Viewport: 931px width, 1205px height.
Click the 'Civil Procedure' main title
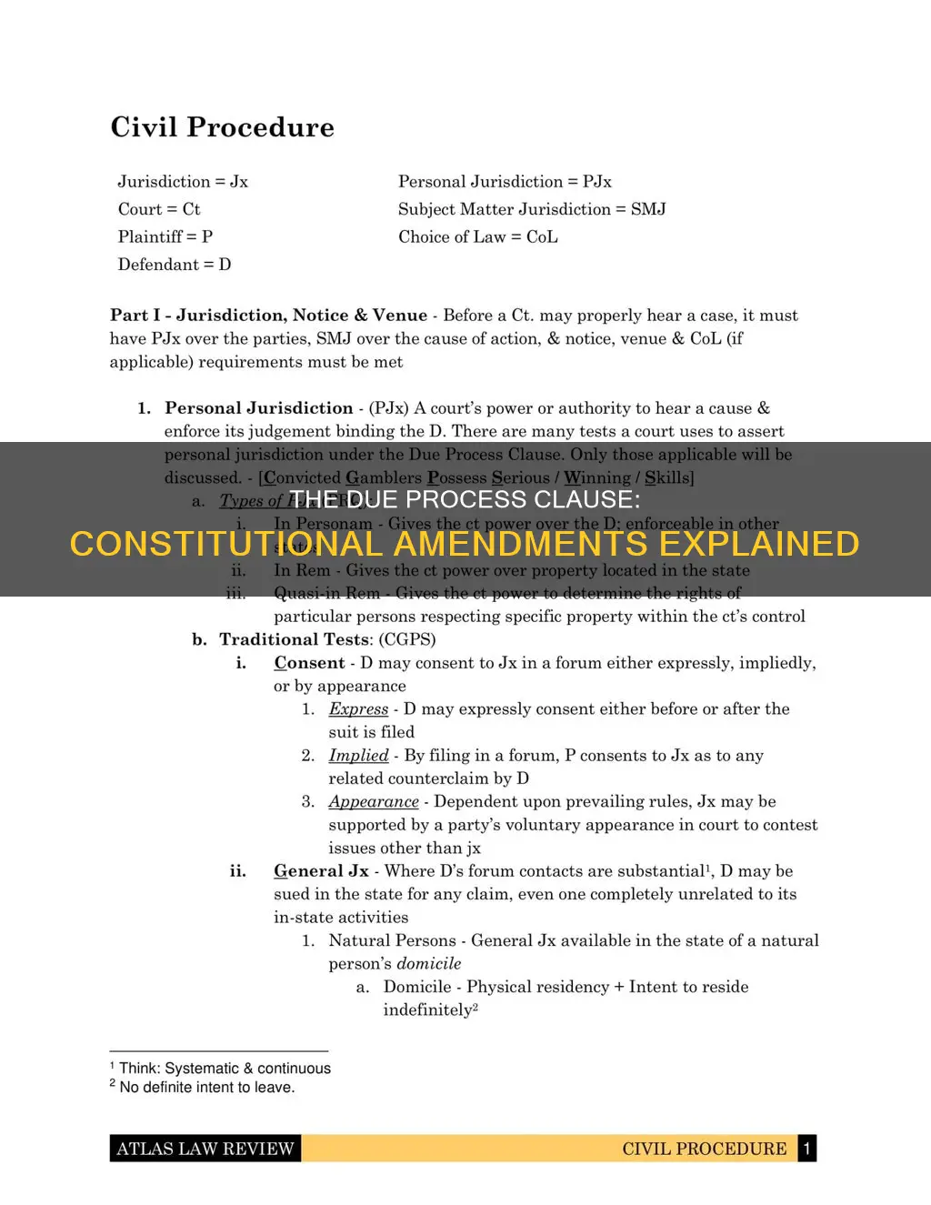pyautogui.click(x=222, y=127)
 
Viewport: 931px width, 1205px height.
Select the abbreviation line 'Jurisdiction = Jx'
pyautogui.click(x=183, y=182)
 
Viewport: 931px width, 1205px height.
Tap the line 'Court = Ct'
pyautogui.click(x=159, y=209)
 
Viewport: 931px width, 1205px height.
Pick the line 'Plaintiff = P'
pyautogui.click(x=165, y=236)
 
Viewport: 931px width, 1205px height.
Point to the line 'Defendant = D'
pyautogui.click(x=175, y=265)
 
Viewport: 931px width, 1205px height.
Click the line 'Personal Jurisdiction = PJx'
pyautogui.click(x=505, y=182)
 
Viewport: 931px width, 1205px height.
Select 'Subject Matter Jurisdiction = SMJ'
pyautogui.click(x=532, y=209)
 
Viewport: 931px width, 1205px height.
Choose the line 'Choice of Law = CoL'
pyautogui.click(x=478, y=236)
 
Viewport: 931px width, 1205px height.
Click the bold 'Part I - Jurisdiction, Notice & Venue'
pyautogui.click(x=268, y=316)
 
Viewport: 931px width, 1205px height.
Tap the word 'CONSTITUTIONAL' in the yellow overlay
pyautogui.click(x=226, y=544)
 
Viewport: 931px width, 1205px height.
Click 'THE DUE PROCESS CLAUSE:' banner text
pyautogui.click(x=465, y=499)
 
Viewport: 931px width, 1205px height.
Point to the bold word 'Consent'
pyautogui.click(x=309, y=663)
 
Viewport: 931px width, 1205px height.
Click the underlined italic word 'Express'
pyautogui.click(x=358, y=709)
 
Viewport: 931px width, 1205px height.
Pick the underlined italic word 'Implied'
pyautogui.click(x=358, y=756)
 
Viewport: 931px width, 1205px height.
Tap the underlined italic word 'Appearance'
pyautogui.click(x=374, y=802)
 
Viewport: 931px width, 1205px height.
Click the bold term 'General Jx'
pyautogui.click(x=321, y=871)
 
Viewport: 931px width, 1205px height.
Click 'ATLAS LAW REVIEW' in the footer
pyautogui.click(x=205, y=1149)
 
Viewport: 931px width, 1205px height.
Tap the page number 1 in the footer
pyautogui.click(x=806, y=1149)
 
